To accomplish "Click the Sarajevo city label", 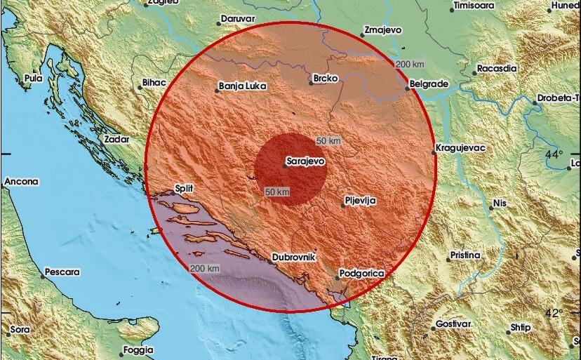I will [307, 161].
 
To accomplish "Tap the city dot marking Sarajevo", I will [283, 166].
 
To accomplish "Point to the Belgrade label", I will [429, 84].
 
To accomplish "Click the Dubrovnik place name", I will [295, 258].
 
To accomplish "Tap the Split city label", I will [184, 188].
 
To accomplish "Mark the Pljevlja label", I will [361, 201].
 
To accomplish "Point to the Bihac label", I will [154, 82].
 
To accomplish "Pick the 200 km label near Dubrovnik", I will [205, 269].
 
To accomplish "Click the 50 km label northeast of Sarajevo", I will [328, 140].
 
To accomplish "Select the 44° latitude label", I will [554, 154].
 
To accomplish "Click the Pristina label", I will [465, 255].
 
